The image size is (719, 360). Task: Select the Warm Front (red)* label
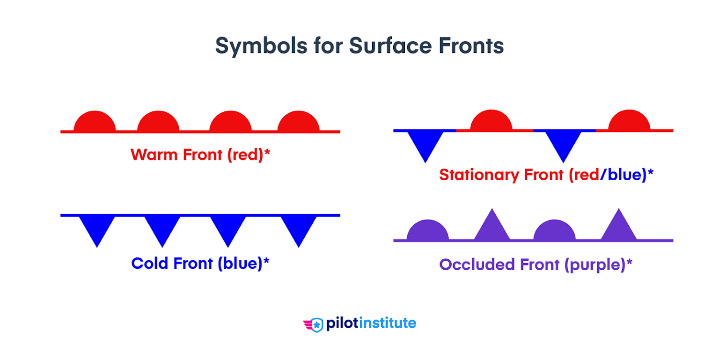coord(200,154)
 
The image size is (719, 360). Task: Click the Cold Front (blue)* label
coord(200,263)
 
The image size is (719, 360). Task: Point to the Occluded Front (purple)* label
coord(536,264)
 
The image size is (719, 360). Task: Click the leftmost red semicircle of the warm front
coord(95,122)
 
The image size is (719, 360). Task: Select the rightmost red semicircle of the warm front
coord(299,122)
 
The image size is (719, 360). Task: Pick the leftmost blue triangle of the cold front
coord(97,227)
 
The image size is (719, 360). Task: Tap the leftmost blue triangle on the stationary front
coord(425,143)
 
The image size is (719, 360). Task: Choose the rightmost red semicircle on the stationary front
coord(630,121)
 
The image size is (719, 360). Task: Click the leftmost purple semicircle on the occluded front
coord(428,231)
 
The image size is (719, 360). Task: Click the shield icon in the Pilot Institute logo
coord(317,324)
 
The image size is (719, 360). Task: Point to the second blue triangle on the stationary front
coord(564,143)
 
